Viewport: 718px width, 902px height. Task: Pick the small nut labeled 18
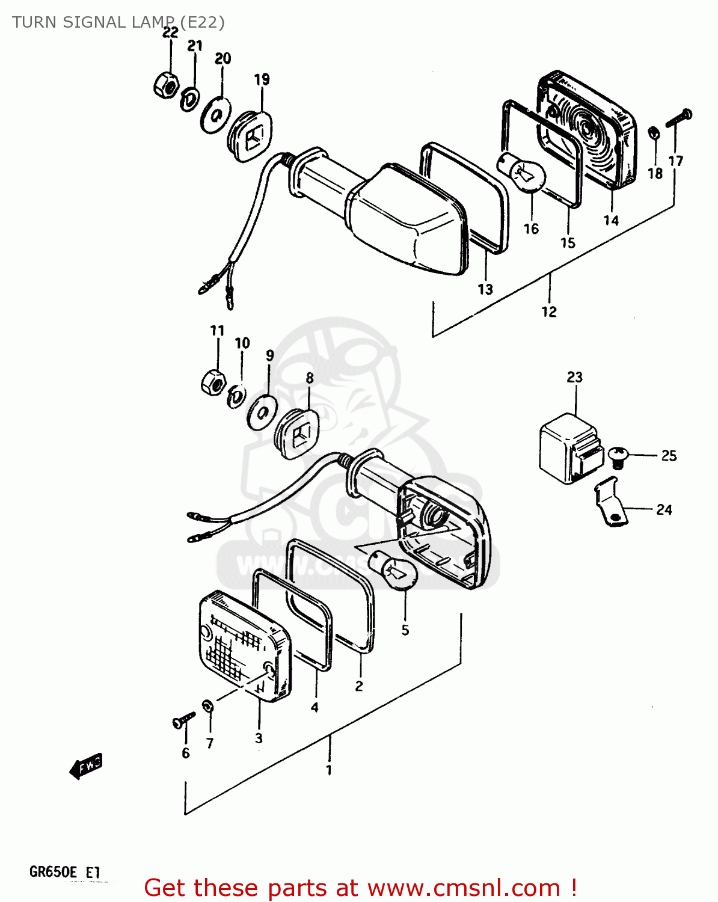click(654, 132)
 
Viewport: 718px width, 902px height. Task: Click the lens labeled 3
click(244, 646)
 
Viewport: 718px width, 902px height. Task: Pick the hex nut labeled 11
click(212, 381)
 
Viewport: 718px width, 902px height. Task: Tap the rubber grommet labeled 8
click(296, 433)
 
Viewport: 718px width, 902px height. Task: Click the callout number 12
click(548, 311)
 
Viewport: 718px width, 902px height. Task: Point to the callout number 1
click(328, 770)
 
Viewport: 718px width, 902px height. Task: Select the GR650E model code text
click(53, 872)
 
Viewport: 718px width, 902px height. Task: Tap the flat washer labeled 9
click(262, 413)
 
